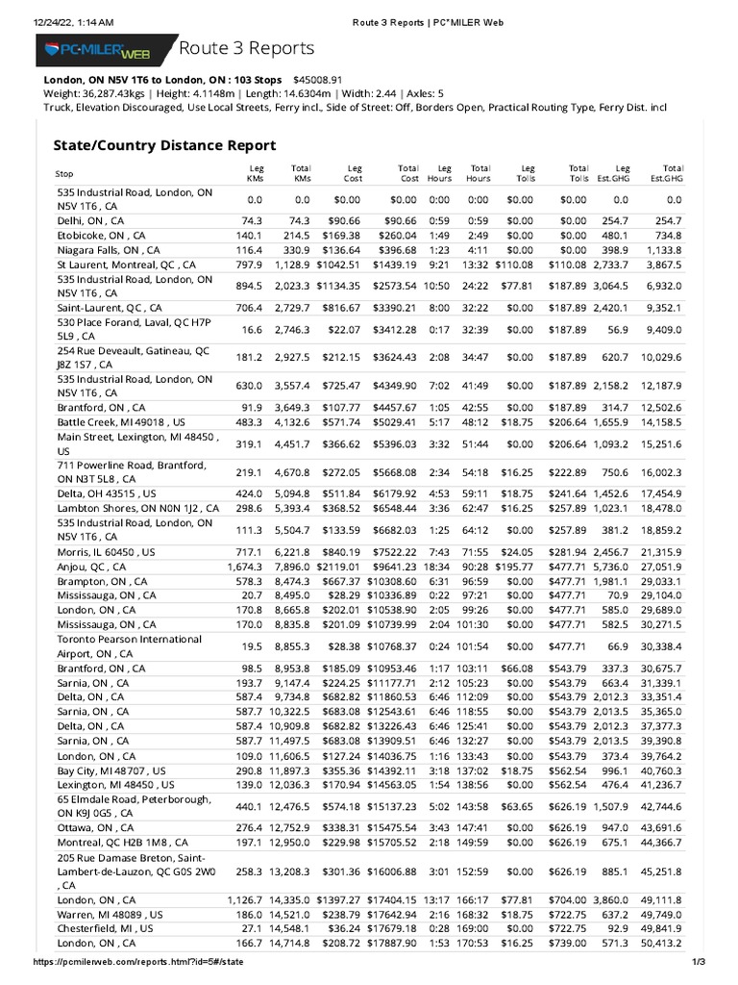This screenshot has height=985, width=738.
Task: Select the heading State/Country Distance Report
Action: (163, 145)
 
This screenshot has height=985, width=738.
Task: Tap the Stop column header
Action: (64, 174)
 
